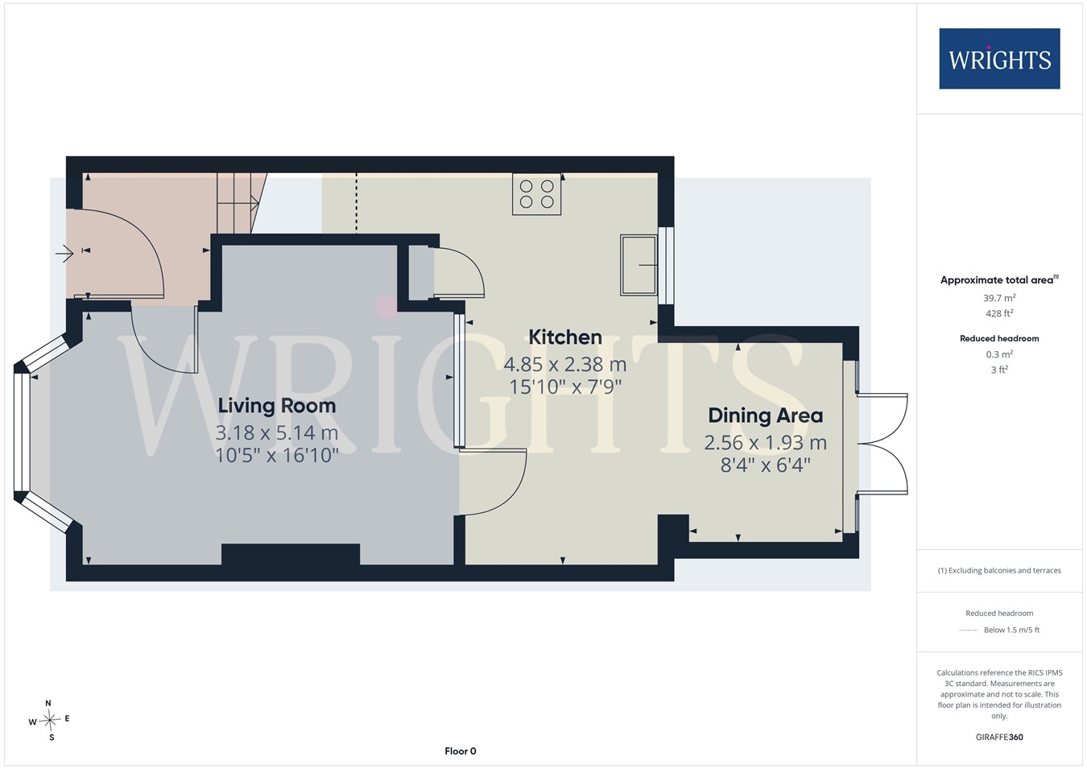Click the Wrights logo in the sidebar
pos(999,58)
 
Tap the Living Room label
pos(277,406)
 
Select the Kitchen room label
pos(565,337)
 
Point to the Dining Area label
pos(765,416)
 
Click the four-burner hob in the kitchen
pos(537,194)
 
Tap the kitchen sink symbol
pos(639,266)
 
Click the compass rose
pos(49,720)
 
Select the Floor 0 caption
pos(461,751)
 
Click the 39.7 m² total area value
pos(999,297)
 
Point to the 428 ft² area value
pos(999,313)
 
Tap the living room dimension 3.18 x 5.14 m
pos(277,432)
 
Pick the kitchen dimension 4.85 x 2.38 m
pos(565,364)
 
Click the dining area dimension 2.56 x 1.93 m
pos(765,442)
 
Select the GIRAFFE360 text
pos(999,737)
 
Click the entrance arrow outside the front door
pos(64,253)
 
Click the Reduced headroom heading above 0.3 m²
pos(999,339)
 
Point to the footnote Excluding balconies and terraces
pos(999,571)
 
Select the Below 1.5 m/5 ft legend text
pos(1011,630)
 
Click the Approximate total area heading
pos(999,279)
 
